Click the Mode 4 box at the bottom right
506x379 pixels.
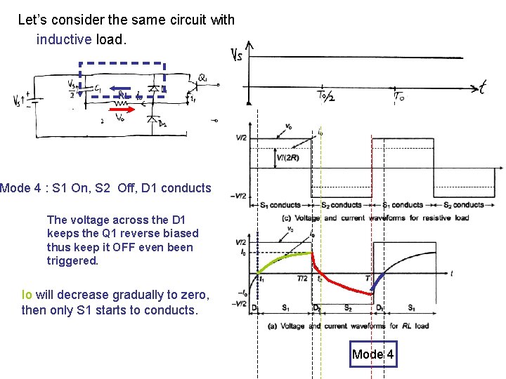(373, 354)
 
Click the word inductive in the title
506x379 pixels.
(64, 39)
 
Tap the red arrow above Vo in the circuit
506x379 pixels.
(120, 109)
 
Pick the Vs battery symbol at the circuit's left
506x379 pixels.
(29, 100)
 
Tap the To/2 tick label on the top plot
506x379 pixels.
(325, 95)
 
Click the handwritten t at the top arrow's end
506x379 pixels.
(483, 87)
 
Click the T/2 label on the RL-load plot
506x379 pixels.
(301, 279)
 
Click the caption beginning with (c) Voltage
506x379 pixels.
(365, 218)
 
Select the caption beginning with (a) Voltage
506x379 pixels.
(352, 326)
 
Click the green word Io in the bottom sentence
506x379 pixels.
(27, 294)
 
